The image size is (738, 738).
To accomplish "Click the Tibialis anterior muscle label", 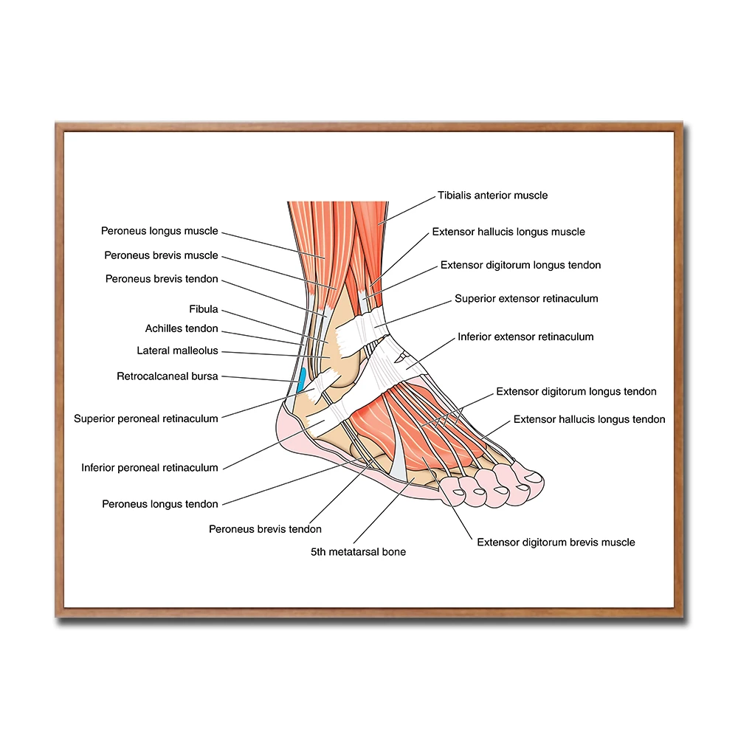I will point(492,196).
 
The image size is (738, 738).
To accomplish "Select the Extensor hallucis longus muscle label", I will point(508,232).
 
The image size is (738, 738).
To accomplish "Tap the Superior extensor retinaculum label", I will point(526,299).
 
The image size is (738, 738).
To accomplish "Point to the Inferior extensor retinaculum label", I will point(525,337).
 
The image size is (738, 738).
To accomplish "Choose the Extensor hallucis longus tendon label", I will point(589,419).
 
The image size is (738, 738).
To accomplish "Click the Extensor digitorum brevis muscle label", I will point(556,542).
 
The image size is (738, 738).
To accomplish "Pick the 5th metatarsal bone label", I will point(358,551).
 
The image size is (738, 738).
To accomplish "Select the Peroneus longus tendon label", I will point(160,504).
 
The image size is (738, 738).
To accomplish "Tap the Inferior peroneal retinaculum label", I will point(150,467).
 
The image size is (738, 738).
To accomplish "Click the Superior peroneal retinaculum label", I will point(146,418).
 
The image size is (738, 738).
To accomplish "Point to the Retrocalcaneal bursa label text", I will point(168,376).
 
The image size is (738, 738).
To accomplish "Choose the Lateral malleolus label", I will point(177,351).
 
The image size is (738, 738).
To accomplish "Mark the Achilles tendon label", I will point(182,328).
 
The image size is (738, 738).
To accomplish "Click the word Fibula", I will point(204,309).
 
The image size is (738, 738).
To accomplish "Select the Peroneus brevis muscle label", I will point(161,255).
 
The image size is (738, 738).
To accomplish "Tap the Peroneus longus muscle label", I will point(159,231).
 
